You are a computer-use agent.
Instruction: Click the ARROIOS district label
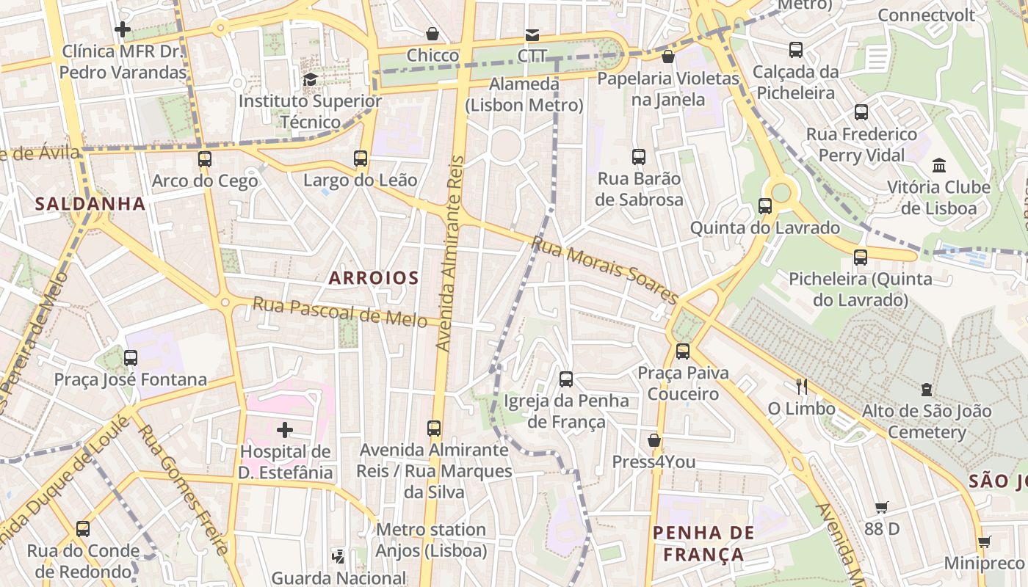coord(373,278)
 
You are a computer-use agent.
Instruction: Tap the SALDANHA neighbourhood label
coord(90,204)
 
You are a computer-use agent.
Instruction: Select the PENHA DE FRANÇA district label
coord(703,544)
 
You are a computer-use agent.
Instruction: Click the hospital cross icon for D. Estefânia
coord(285,430)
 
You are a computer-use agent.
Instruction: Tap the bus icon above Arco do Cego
coord(205,159)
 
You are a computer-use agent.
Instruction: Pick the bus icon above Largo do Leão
coord(360,158)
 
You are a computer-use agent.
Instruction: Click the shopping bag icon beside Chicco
coord(432,34)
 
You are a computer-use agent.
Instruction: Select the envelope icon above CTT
coord(532,34)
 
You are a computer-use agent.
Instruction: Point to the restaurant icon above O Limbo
coord(801,386)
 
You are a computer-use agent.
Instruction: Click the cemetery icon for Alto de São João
coord(927,390)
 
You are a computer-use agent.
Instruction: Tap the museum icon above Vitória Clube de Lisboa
coord(938,165)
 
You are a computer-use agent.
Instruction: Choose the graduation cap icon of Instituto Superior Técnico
coord(310,79)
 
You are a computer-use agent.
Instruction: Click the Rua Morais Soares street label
coord(605,269)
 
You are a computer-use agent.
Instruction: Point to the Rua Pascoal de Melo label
coord(339,313)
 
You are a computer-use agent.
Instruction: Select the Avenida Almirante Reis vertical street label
coord(451,253)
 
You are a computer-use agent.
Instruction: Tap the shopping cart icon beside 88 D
coord(881,507)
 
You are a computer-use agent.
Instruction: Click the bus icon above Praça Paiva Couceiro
coord(683,351)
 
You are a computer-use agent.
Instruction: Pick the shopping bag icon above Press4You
coord(654,440)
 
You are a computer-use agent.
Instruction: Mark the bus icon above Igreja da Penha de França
coord(565,379)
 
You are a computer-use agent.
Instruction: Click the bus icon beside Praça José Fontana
coord(131,358)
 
